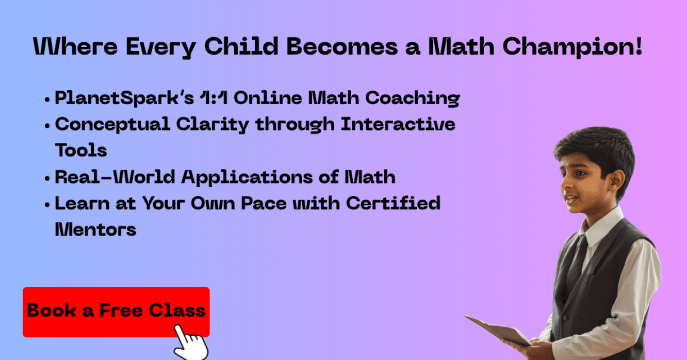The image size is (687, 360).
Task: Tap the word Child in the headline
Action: pyautogui.click(x=241, y=46)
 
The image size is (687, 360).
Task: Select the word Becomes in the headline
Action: pyautogui.click(x=342, y=46)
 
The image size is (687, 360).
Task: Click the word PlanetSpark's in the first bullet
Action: pyautogui.click(x=124, y=98)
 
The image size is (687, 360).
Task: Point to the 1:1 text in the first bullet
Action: pyautogui.click(x=214, y=98)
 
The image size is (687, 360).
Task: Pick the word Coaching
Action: pyautogui.click(x=413, y=98)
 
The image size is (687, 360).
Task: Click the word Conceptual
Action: pyautogui.click(x=112, y=125)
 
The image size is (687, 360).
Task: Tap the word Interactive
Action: pyautogui.click(x=398, y=124)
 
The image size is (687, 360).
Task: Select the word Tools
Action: pyautogui.click(x=81, y=150)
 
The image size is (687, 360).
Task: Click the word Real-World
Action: pyautogui.click(x=114, y=177)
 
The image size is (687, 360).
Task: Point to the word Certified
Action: pyautogui.click(x=393, y=203)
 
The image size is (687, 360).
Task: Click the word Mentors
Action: pyautogui.click(x=95, y=230)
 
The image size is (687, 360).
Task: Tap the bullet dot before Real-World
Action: pyautogui.click(x=47, y=178)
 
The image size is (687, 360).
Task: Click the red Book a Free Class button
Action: pyautogui.click(x=116, y=312)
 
